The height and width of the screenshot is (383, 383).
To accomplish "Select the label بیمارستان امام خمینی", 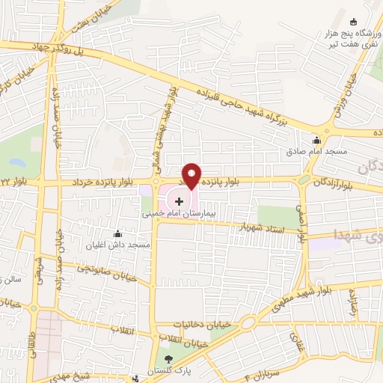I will [180, 213].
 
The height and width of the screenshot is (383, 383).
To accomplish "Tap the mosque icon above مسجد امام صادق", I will [316, 140].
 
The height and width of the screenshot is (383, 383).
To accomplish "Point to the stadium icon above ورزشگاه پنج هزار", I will [353, 21].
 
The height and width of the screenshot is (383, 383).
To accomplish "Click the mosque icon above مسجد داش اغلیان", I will [117, 233].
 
